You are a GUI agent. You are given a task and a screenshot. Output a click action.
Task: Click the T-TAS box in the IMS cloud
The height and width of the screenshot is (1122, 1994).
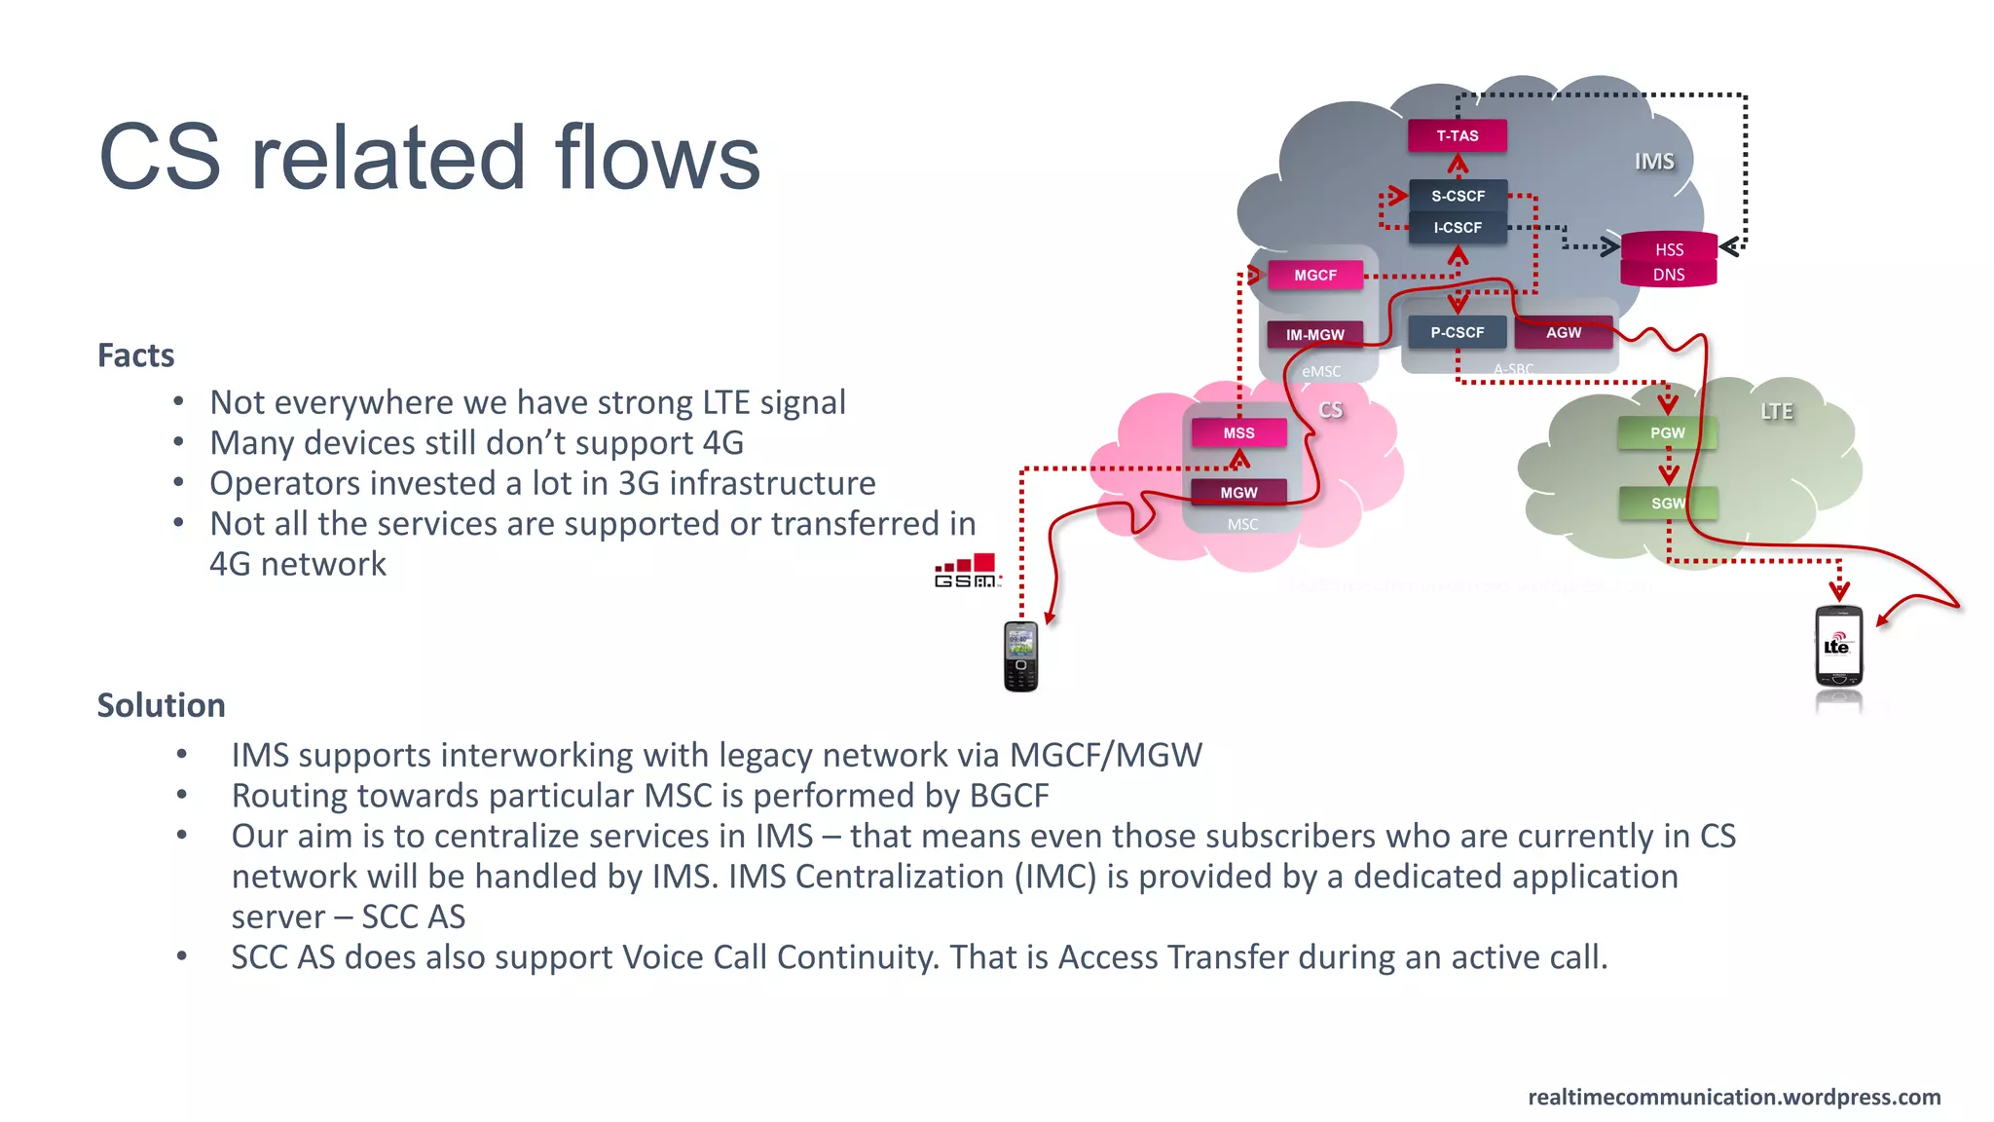click(x=1457, y=136)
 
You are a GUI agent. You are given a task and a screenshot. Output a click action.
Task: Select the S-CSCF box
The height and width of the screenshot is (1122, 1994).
click(x=1458, y=196)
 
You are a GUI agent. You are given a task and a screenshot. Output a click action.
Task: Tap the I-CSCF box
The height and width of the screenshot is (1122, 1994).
click(x=1458, y=228)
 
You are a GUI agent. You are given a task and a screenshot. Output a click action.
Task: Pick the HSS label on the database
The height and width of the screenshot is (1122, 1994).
click(x=1669, y=250)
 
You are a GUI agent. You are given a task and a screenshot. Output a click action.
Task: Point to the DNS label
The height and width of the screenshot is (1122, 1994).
click(x=1669, y=275)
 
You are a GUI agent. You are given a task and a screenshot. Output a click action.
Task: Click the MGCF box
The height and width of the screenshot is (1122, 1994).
click(x=1315, y=276)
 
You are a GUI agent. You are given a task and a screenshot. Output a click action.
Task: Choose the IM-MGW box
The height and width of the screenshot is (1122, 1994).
click(x=1314, y=335)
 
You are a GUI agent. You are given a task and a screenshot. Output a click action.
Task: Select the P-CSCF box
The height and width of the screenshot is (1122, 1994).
click(x=1457, y=333)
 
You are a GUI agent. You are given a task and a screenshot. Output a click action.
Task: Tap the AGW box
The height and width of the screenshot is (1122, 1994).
click(x=1564, y=333)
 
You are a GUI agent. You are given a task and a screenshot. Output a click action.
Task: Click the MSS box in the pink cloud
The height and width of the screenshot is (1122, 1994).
click(x=1238, y=433)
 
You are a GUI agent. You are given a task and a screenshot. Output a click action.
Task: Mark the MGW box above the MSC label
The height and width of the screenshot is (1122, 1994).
click(x=1238, y=493)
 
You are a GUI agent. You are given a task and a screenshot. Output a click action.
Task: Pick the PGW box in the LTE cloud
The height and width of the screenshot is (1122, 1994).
click(x=1667, y=433)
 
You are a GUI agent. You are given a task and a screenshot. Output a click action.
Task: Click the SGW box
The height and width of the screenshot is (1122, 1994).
click(x=1667, y=504)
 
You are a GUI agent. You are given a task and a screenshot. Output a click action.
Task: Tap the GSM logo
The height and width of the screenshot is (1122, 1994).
click(x=967, y=571)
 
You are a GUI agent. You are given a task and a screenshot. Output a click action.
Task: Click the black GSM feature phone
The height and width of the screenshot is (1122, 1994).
click(x=1020, y=656)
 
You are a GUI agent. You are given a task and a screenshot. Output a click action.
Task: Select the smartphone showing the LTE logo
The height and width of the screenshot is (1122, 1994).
click(x=1838, y=647)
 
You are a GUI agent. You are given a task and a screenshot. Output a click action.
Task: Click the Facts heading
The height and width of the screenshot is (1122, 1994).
click(x=135, y=355)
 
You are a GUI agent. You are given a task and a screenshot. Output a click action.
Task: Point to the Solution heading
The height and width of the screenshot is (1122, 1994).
click(x=161, y=705)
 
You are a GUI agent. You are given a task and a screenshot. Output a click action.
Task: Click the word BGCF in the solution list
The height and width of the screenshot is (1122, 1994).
click(x=1009, y=796)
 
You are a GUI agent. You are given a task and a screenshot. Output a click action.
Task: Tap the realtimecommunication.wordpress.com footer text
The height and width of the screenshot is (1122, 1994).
click(x=1734, y=1098)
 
